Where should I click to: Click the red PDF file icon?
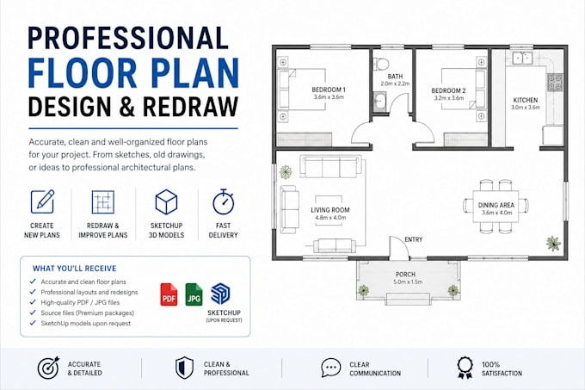pyautogui.click(x=169, y=294)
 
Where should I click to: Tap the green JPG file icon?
pyautogui.click(x=194, y=294)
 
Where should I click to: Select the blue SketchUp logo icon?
pyautogui.click(x=220, y=294)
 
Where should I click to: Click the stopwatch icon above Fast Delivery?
pyautogui.click(x=223, y=202)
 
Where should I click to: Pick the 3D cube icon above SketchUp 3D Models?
pyautogui.click(x=166, y=202)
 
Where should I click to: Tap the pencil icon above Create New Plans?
pyautogui.click(x=42, y=201)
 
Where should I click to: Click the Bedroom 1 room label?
pyautogui.click(x=329, y=90)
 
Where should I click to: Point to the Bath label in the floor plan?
pyautogui.click(x=395, y=77)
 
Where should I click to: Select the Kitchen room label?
pyautogui.click(x=526, y=100)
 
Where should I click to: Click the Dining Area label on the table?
pyautogui.click(x=496, y=205)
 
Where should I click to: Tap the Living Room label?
pyautogui.click(x=330, y=210)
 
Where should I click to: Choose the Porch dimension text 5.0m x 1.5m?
pyautogui.click(x=408, y=282)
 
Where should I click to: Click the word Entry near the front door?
pyautogui.click(x=414, y=239)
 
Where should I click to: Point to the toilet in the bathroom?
pyautogui.click(x=380, y=64)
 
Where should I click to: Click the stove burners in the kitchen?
pyautogui.click(x=555, y=83)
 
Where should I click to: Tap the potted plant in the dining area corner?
pyautogui.click(x=554, y=244)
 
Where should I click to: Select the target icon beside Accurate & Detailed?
pyautogui.click(x=48, y=368)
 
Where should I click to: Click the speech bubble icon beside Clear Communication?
pyautogui.click(x=331, y=368)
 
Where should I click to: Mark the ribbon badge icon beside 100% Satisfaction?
pyautogui.click(x=465, y=368)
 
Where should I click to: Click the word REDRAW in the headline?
pyautogui.click(x=191, y=107)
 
